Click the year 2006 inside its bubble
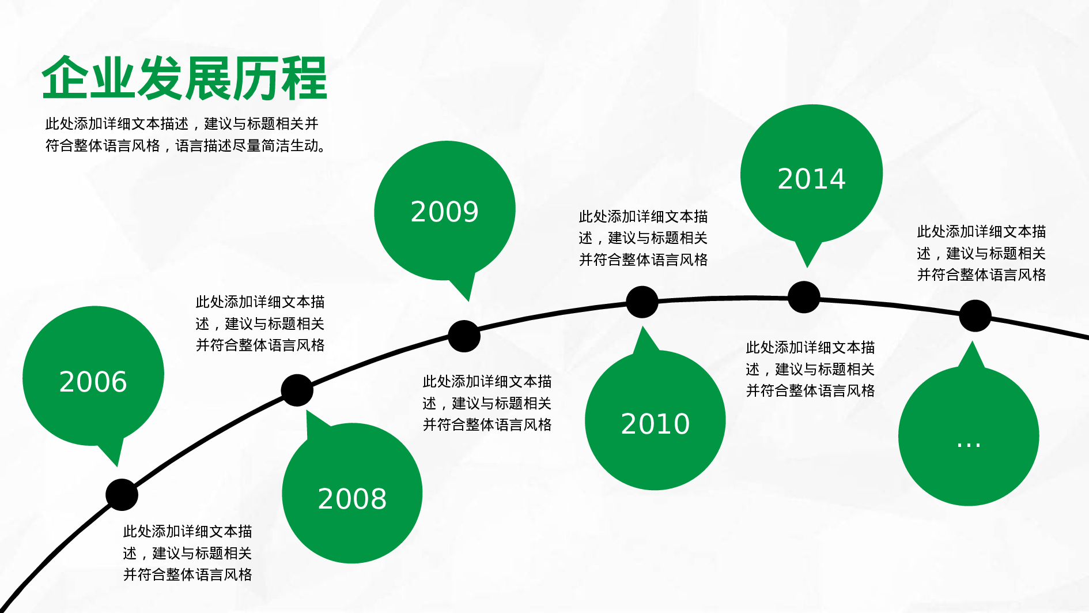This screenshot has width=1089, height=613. (x=93, y=382)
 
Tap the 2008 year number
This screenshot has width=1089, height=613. (x=352, y=499)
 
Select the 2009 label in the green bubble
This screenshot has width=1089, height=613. (x=444, y=212)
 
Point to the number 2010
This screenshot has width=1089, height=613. (x=655, y=424)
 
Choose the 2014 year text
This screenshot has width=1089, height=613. (x=811, y=179)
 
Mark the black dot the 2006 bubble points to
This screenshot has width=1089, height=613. (x=122, y=495)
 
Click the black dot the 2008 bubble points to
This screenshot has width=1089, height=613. (x=297, y=390)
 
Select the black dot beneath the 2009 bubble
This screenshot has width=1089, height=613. (x=464, y=336)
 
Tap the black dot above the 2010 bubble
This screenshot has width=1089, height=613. (x=642, y=302)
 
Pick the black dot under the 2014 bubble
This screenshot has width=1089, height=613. (x=804, y=297)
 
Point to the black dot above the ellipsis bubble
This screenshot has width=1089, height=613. (x=975, y=315)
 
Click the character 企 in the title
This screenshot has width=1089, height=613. (x=65, y=78)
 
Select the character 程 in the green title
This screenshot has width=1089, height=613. (x=304, y=78)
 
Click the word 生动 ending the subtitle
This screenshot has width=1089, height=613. (x=305, y=146)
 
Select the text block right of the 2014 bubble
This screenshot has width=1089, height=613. (x=981, y=253)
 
